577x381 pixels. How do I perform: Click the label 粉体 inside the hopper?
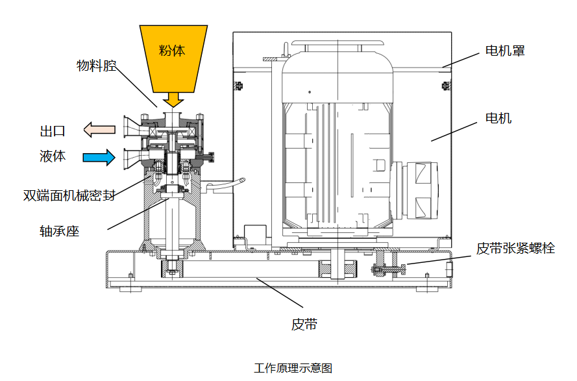click(x=172, y=51)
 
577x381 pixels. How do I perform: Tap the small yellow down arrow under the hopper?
click(x=173, y=100)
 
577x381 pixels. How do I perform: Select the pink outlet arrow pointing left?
click(x=99, y=130)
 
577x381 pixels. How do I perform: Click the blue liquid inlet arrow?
click(x=99, y=157)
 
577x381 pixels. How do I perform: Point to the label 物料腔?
click(x=97, y=66)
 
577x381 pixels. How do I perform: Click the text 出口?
click(x=53, y=131)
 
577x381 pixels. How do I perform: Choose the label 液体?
click(x=53, y=156)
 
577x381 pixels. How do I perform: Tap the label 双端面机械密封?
click(x=69, y=195)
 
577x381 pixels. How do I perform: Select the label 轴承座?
click(x=59, y=231)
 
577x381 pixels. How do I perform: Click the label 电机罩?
click(x=505, y=51)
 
